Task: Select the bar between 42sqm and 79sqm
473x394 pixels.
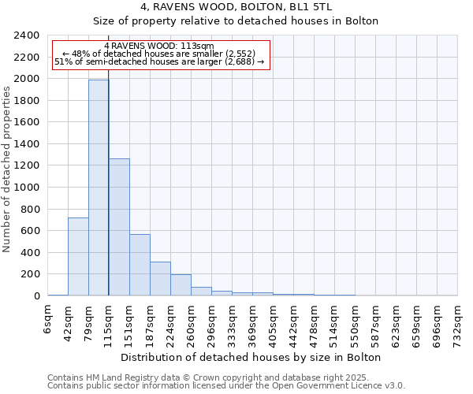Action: tap(78, 257)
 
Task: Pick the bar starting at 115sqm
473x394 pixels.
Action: tap(119, 227)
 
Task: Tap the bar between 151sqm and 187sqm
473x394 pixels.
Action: tap(140, 265)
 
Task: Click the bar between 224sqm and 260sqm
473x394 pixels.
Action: tap(181, 285)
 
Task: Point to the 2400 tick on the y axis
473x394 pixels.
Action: tap(28, 35)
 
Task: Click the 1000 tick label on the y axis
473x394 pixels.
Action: tap(28, 188)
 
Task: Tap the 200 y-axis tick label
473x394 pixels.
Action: tap(31, 274)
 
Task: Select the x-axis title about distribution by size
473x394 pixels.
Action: tap(252, 357)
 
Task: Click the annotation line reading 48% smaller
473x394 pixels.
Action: tap(160, 54)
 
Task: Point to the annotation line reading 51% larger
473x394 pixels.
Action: tap(159, 61)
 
